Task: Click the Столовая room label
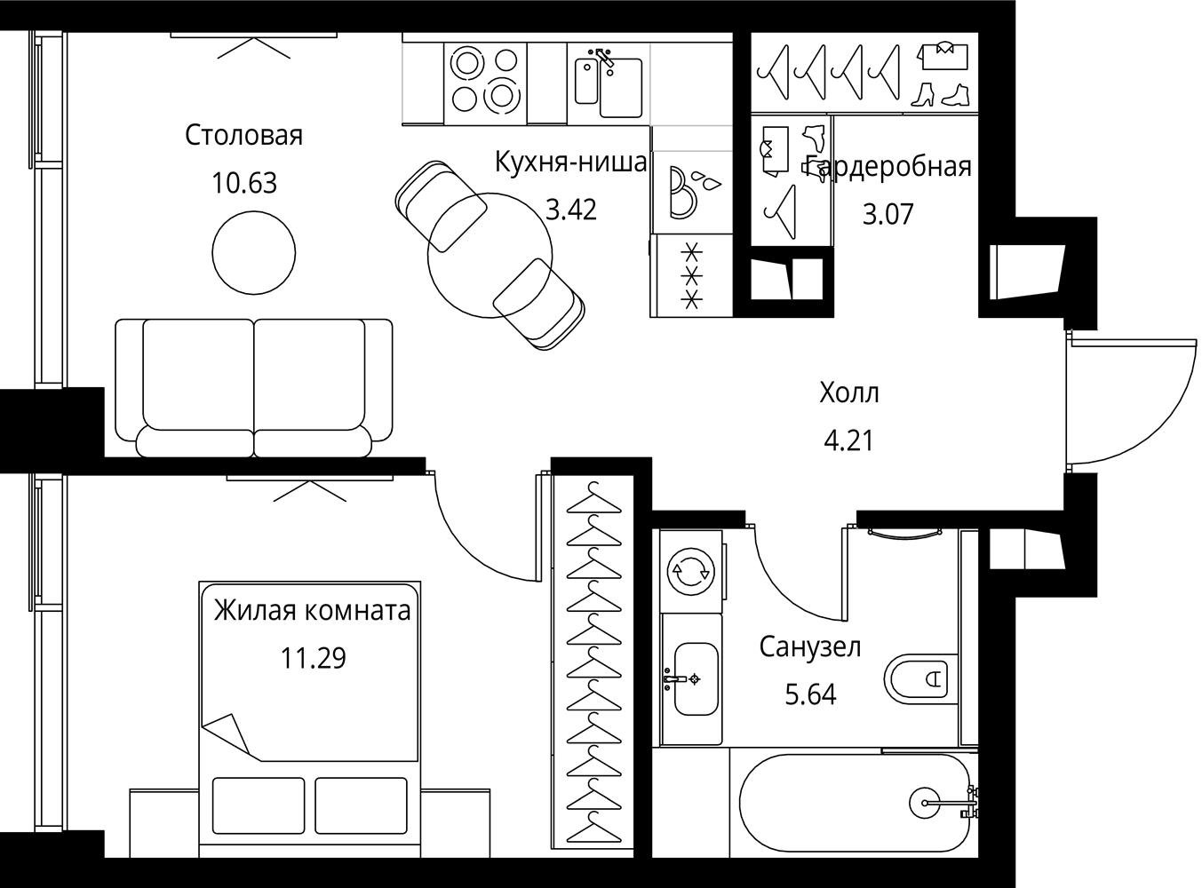pyautogui.click(x=243, y=136)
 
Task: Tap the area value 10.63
pyautogui.click(x=244, y=183)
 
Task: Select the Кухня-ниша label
pyautogui.click(x=570, y=162)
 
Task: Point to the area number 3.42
pyautogui.click(x=570, y=210)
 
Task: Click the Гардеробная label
pyautogui.click(x=888, y=166)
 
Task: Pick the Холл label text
pyautogui.click(x=848, y=393)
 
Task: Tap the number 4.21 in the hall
pyautogui.click(x=848, y=441)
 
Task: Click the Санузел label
pyautogui.click(x=809, y=646)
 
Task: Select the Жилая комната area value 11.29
pyautogui.click(x=314, y=658)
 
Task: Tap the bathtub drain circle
pyautogui.click(x=925, y=802)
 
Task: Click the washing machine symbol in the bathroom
pyautogui.click(x=691, y=572)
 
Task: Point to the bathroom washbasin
pyautogui.click(x=696, y=678)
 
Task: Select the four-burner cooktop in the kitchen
pyautogui.click(x=485, y=83)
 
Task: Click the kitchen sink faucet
pyautogui.click(x=605, y=58)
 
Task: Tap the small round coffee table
pyautogui.click(x=253, y=253)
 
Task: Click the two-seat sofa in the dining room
pyautogui.click(x=254, y=388)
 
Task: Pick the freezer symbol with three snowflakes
pyautogui.click(x=691, y=276)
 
